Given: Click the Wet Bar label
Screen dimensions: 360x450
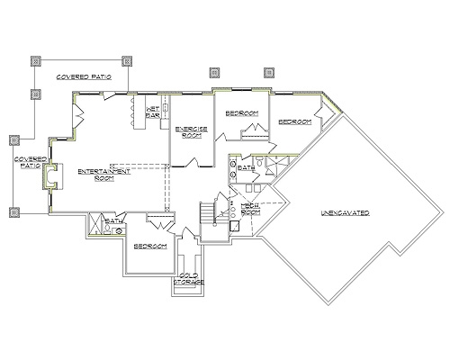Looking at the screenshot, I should pos(152,111).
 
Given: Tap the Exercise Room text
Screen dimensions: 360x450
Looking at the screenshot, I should pos(189,132).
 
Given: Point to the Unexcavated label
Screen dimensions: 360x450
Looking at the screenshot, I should pos(346,213).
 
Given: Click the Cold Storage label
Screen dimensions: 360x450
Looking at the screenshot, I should pos(189,278).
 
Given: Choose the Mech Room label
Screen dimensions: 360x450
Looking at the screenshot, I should pos(250,209).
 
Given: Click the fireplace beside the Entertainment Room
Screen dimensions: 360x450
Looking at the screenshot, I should pos(54,177).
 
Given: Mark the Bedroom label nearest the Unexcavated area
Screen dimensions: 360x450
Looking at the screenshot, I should pos(293,121).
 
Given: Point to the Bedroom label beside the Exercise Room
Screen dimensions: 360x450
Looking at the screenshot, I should pos(242,112).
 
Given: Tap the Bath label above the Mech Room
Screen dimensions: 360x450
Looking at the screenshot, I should pos(247,168).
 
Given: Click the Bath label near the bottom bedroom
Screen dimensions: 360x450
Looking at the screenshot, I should pos(113,220).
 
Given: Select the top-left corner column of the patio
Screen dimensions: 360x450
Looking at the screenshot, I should pos(35,62).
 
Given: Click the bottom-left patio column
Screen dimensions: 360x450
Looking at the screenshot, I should pos(14,212).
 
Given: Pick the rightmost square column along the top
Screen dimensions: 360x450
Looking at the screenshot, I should pos(267,71).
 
